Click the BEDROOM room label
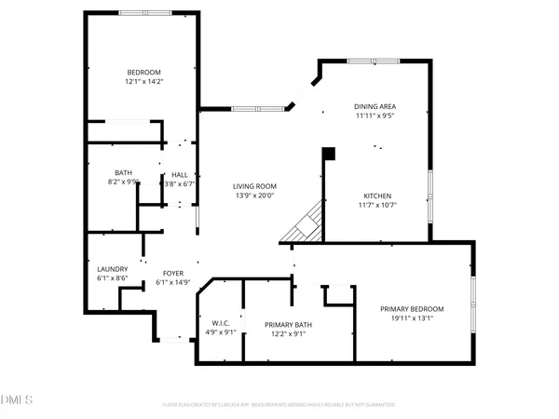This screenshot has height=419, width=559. click(144, 73)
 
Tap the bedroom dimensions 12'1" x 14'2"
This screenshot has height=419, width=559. click(144, 81)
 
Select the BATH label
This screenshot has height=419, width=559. click(123, 172)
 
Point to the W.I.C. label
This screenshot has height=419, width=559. click(221, 323)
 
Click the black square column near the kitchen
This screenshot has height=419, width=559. click(328, 153)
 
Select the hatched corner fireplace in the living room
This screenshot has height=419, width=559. click(307, 225)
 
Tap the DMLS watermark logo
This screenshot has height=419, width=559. click(17, 401)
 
